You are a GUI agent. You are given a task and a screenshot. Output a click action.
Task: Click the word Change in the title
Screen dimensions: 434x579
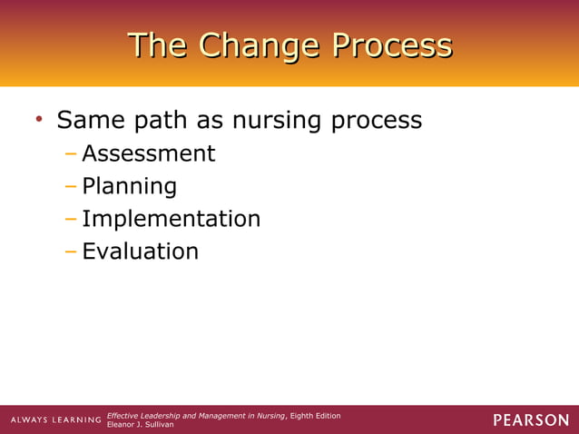pos(258,45)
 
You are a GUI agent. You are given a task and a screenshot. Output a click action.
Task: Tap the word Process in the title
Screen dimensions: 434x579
pos(390,45)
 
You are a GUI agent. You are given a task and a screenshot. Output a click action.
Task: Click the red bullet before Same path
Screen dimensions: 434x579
pos(38,120)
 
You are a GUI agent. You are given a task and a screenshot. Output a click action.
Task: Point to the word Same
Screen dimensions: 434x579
pos(91,120)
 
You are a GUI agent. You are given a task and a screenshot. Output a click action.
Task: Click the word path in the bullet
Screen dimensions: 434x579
pos(166,120)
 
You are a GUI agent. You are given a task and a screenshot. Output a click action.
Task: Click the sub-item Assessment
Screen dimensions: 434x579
pos(149,153)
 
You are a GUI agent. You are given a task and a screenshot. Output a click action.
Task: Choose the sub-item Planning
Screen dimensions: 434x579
pos(129,187)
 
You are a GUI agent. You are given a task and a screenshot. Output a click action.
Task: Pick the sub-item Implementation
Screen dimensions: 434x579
pos(171,219)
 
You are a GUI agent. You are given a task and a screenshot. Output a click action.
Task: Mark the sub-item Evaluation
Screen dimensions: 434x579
pos(140,251)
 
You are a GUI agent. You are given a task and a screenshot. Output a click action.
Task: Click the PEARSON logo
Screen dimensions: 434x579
pos(531,419)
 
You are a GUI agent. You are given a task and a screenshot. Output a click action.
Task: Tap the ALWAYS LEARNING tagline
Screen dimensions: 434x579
pos(55,420)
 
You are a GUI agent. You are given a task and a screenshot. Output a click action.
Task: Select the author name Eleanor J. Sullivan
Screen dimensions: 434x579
pos(141,424)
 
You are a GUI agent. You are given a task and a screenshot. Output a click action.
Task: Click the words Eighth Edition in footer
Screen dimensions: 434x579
pos(315,415)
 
